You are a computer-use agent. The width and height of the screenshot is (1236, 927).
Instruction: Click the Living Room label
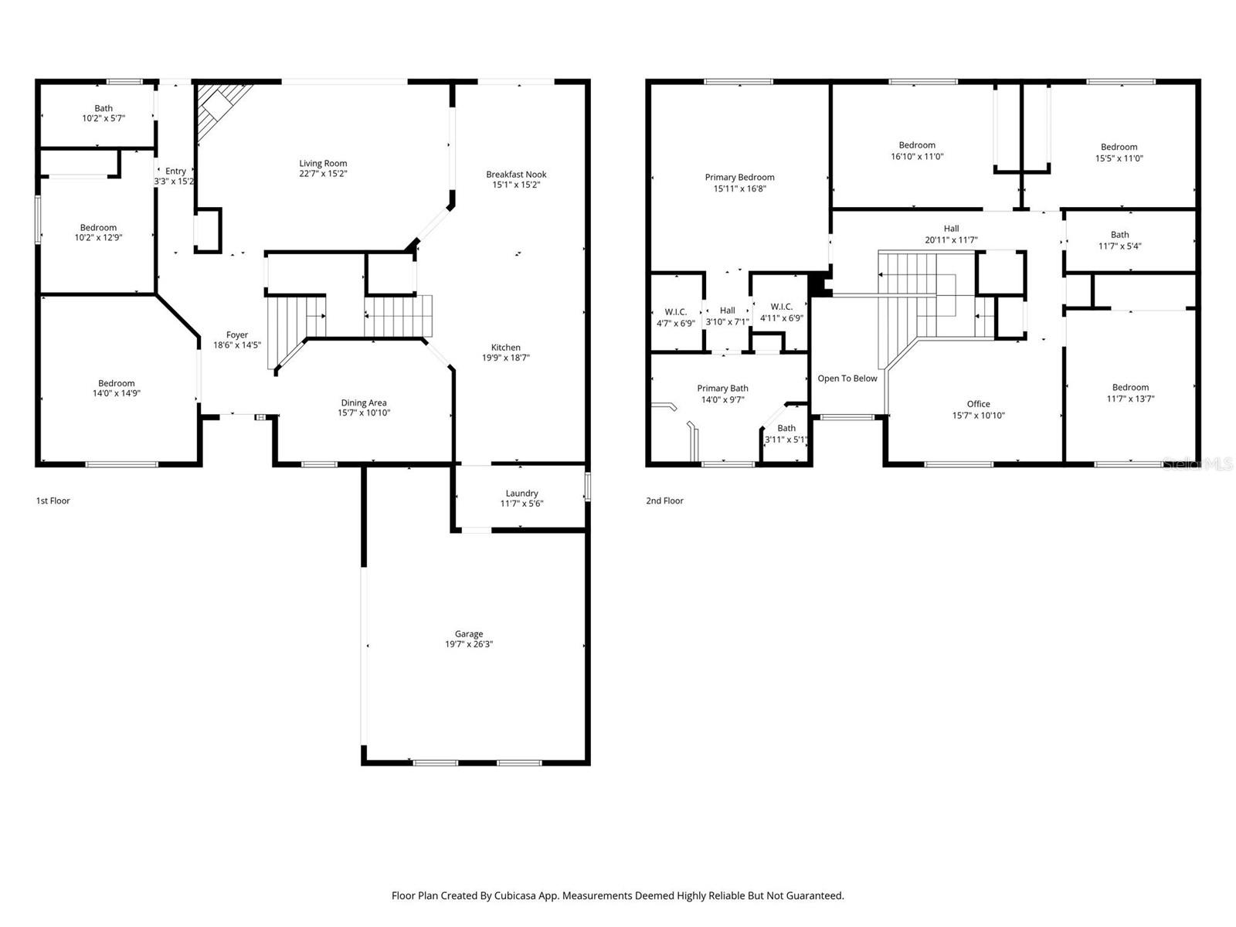(323, 163)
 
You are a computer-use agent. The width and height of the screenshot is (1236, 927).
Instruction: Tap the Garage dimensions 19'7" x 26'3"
(469, 644)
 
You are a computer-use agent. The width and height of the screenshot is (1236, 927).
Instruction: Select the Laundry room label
(521, 493)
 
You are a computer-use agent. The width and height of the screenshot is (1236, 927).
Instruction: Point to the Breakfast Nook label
(516, 174)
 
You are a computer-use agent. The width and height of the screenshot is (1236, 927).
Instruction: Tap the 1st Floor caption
(53, 501)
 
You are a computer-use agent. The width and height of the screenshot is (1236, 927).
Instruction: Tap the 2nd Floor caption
(664, 501)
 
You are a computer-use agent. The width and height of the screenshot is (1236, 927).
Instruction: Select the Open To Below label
(847, 379)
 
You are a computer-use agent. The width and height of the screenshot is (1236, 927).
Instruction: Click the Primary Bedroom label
(739, 177)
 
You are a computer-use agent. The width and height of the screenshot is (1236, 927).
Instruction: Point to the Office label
(978, 404)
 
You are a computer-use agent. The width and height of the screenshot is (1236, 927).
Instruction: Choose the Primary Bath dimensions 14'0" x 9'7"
(722, 400)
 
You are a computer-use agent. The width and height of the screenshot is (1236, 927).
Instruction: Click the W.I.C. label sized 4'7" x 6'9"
(676, 312)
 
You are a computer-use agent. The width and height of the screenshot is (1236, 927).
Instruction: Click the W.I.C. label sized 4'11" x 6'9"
(782, 307)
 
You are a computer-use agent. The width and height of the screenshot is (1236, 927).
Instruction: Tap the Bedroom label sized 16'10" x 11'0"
(917, 144)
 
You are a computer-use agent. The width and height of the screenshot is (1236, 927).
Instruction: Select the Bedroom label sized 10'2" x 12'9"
(98, 227)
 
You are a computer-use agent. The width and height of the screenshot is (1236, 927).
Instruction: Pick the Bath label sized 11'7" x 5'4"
(1119, 235)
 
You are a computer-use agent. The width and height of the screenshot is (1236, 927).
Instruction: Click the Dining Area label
(364, 402)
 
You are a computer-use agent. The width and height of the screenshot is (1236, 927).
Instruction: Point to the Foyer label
(237, 335)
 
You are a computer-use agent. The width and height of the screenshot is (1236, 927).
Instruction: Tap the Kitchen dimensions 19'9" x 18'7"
(506, 358)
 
